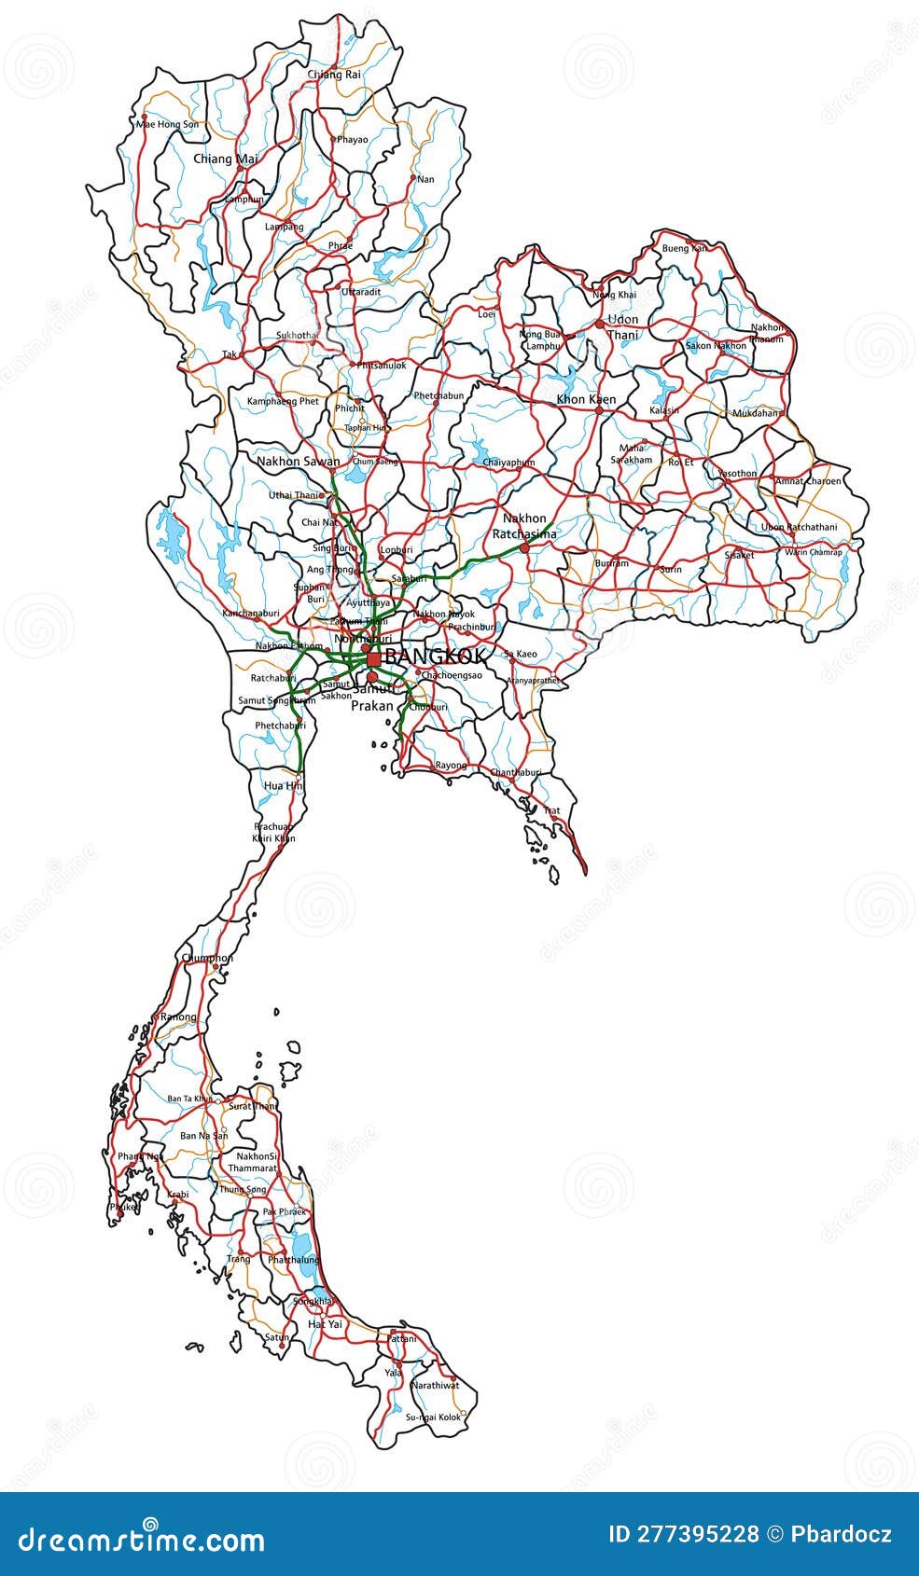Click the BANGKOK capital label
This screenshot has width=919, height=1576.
tap(436, 657)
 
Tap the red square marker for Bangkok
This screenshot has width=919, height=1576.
tap(373, 658)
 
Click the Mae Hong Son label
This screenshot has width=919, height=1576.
tap(167, 124)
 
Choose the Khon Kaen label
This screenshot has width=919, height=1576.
tap(586, 399)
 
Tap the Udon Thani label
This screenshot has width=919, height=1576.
tap(622, 326)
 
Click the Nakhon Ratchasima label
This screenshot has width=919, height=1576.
tap(524, 526)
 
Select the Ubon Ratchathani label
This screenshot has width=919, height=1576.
tap(799, 527)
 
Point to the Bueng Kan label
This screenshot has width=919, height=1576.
tap(684, 249)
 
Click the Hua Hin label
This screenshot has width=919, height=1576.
tap(284, 786)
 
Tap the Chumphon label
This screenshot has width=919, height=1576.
tap(207, 958)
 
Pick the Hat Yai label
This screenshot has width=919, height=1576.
tap(325, 1324)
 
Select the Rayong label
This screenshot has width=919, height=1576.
tap(451, 766)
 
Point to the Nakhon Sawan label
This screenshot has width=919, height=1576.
tap(299, 461)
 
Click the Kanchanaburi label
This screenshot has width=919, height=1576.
tap(251, 614)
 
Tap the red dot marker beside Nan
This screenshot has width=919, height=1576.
tap(413, 176)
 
